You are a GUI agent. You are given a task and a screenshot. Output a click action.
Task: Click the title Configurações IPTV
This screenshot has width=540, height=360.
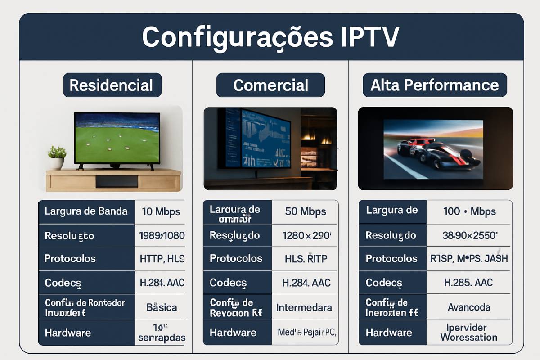pos(271,37)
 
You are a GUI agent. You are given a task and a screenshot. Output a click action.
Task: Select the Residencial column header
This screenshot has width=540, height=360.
pos(112,85)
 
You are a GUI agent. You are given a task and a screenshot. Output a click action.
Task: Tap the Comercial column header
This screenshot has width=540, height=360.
pos(270,85)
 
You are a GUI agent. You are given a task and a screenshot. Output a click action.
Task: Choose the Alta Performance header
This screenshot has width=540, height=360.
pos(435,85)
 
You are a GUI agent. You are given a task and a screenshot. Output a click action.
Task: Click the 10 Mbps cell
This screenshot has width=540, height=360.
pos(161,211)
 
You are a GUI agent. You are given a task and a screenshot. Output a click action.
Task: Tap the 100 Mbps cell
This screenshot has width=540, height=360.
pos(469,211)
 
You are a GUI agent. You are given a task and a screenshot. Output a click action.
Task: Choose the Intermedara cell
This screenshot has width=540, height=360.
pos(304,307)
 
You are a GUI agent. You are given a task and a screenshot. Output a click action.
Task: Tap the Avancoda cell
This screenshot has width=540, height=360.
pos(469,307)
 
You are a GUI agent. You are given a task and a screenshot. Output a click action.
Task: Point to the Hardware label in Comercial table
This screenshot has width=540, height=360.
pos(233,333)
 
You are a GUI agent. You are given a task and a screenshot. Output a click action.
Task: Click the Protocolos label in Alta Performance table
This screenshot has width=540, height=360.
pos(391,259)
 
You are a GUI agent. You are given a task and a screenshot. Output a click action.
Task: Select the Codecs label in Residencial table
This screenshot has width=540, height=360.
pos(63,283)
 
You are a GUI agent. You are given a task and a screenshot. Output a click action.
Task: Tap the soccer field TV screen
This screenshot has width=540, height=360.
pos(117,138)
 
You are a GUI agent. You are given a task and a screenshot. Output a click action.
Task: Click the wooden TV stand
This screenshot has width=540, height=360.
pos(113,180)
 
